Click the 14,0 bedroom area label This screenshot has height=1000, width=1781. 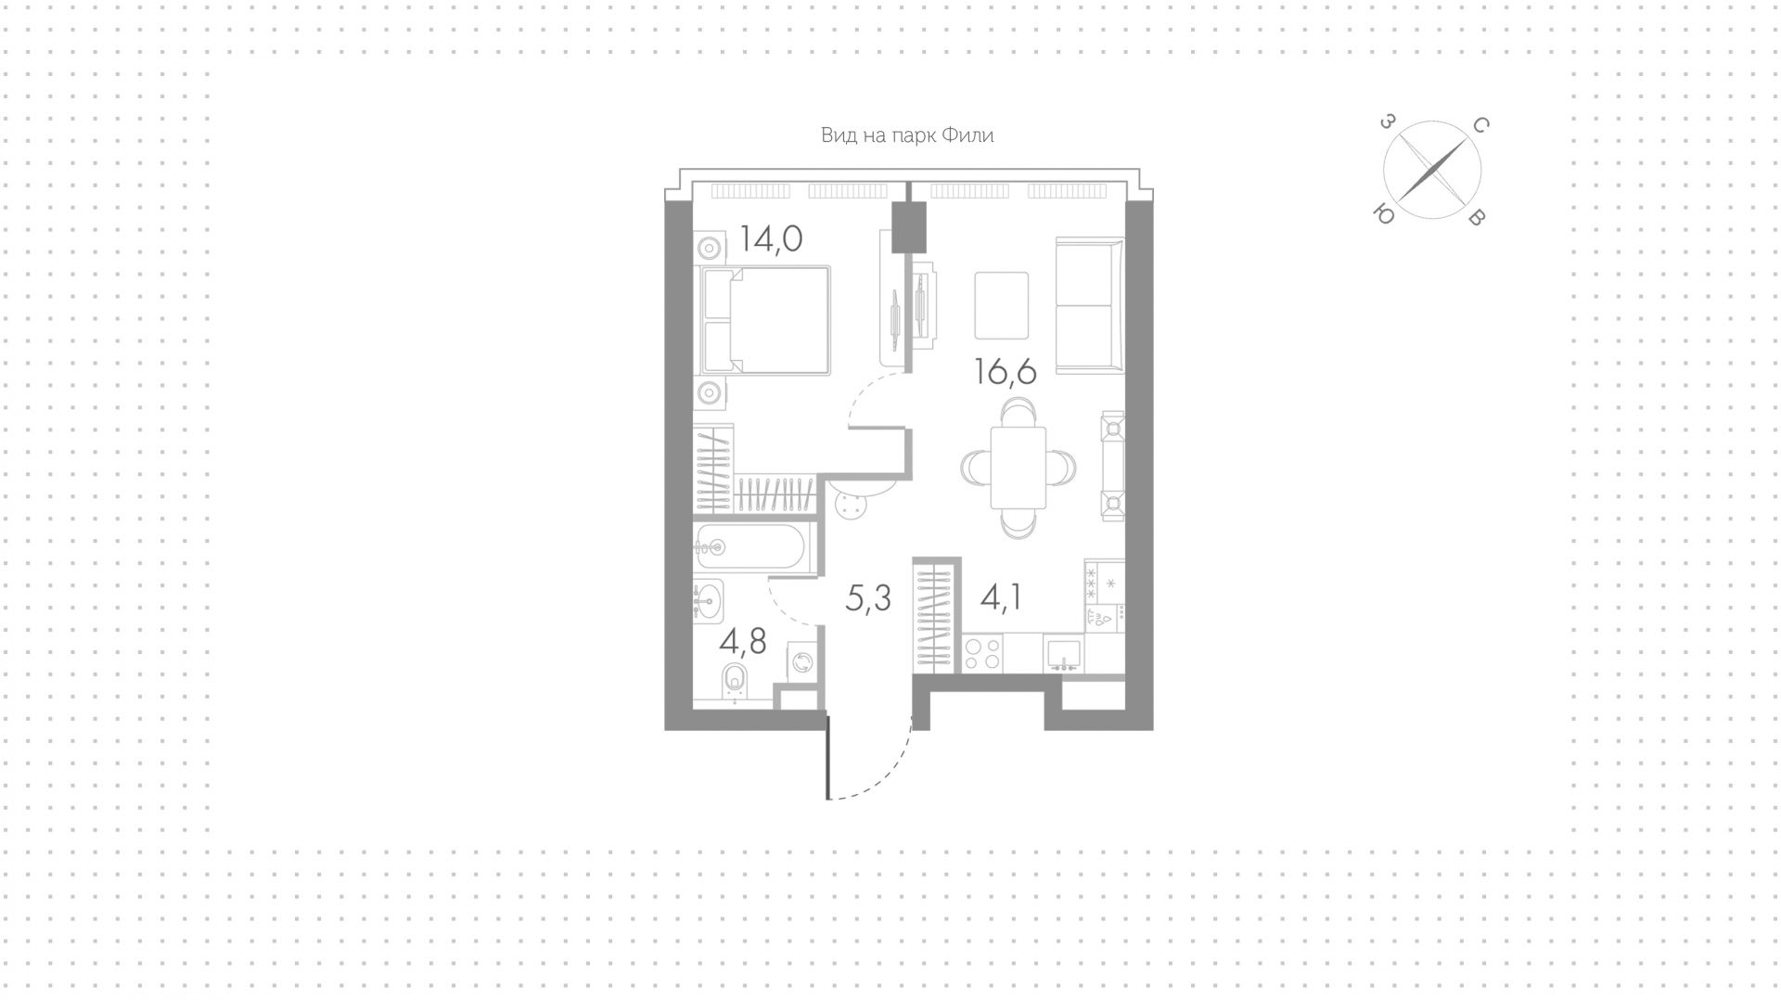pos(771,240)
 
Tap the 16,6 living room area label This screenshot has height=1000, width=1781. pos(1005,371)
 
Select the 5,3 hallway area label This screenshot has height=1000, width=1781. pos(868,599)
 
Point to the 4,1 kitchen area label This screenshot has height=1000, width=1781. pos(1002,597)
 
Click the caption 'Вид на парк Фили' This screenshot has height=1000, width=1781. pos(907,135)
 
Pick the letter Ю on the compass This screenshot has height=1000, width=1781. pos(1383,214)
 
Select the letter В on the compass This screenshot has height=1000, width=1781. pos(1478,218)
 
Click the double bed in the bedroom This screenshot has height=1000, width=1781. pos(766,320)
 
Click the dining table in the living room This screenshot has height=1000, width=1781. pos(1019,467)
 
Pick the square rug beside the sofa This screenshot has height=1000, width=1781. pos(1002,305)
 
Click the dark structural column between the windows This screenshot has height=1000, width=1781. pos(909,227)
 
